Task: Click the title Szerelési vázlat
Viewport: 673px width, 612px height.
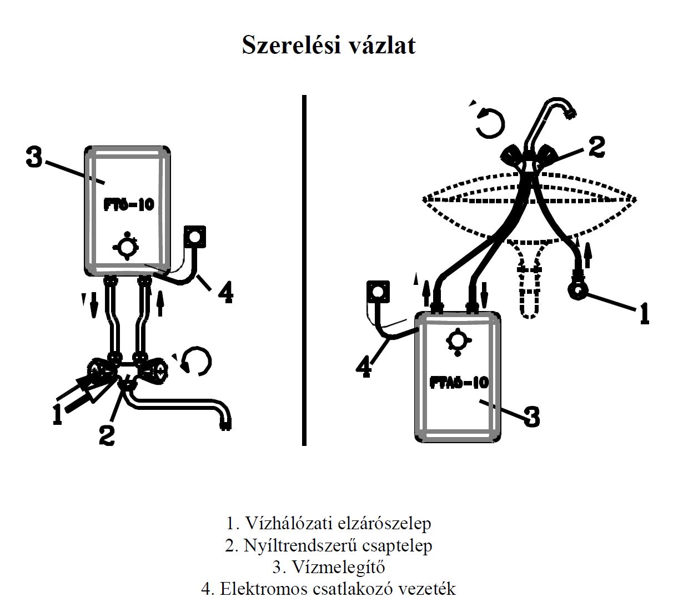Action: (x=328, y=46)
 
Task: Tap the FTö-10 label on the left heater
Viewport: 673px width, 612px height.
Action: (x=129, y=204)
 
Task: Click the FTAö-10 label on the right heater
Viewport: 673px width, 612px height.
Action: (x=459, y=382)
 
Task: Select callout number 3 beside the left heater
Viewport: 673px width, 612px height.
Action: (x=34, y=158)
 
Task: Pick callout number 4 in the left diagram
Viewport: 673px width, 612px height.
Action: (x=224, y=292)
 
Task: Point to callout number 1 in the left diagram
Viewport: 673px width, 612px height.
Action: (x=57, y=414)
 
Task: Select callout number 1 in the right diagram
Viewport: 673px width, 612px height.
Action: (x=643, y=312)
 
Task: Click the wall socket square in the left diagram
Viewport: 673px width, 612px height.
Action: (x=195, y=237)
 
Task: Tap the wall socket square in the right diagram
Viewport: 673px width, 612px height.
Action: (x=378, y=292)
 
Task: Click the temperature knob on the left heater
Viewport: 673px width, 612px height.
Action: (x=127, y=246)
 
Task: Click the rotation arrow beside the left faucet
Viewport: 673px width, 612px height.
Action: (x=198, y=362)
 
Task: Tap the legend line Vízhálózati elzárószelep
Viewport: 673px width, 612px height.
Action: (x=328, y=523)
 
